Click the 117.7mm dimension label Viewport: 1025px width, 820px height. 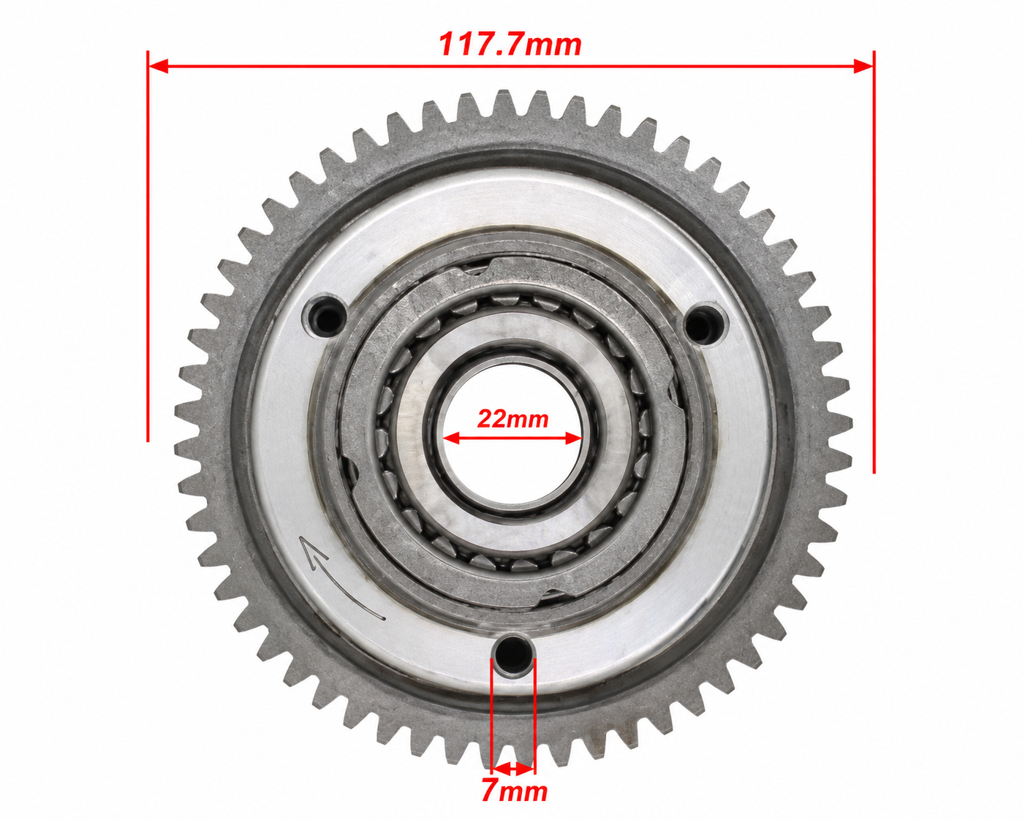pyautogui.click(x=510, y=45)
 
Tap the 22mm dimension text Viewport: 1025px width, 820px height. pyautogui.click(x=513, y=419)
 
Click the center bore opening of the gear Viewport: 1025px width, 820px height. pyautogui.click(x=512, y=438)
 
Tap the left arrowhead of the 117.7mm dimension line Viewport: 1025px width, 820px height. pyautogui.click(x=158, y=67)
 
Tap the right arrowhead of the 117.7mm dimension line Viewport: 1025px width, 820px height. pyautogui.click(x=863, y=67)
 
